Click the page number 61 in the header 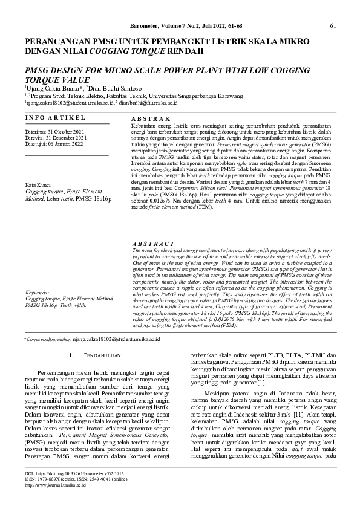pos(333,25)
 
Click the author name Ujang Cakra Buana pos(49,89)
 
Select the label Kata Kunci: pos(37,184)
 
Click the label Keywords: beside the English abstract pos(37,293)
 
